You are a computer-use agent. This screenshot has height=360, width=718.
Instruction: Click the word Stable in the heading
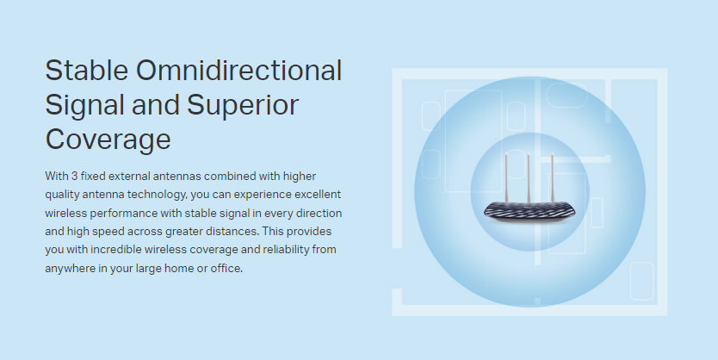(x=87, y=71)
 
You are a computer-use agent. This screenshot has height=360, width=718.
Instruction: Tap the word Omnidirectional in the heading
(x=239, y=71)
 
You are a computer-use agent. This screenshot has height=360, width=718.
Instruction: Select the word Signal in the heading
(x=84, y=106)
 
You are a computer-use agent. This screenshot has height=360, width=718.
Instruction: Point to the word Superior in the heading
(x=243, y=106)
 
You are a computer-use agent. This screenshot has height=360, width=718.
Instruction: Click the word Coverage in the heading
(x=108, y=140)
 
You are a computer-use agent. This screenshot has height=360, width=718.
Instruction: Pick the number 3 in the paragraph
(x=74, y=176)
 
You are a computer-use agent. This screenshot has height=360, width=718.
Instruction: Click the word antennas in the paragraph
(x=176, y=176)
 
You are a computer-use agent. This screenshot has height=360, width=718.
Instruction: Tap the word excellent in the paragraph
(x=318, y=194)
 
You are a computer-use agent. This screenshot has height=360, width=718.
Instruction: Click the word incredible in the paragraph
(x=116, y=250)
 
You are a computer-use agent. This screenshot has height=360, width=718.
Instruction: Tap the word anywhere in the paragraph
(x=70, y=269)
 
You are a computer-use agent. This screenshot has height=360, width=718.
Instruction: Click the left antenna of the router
(x=506, y=177)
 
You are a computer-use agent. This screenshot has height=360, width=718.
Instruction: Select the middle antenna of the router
(x=529, y=177)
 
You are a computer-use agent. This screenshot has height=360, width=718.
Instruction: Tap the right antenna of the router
(x=553, y=177)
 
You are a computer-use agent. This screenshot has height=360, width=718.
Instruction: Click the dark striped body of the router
(x=529, y=212)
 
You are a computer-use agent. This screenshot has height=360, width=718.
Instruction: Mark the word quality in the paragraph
(x=62, y=195)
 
